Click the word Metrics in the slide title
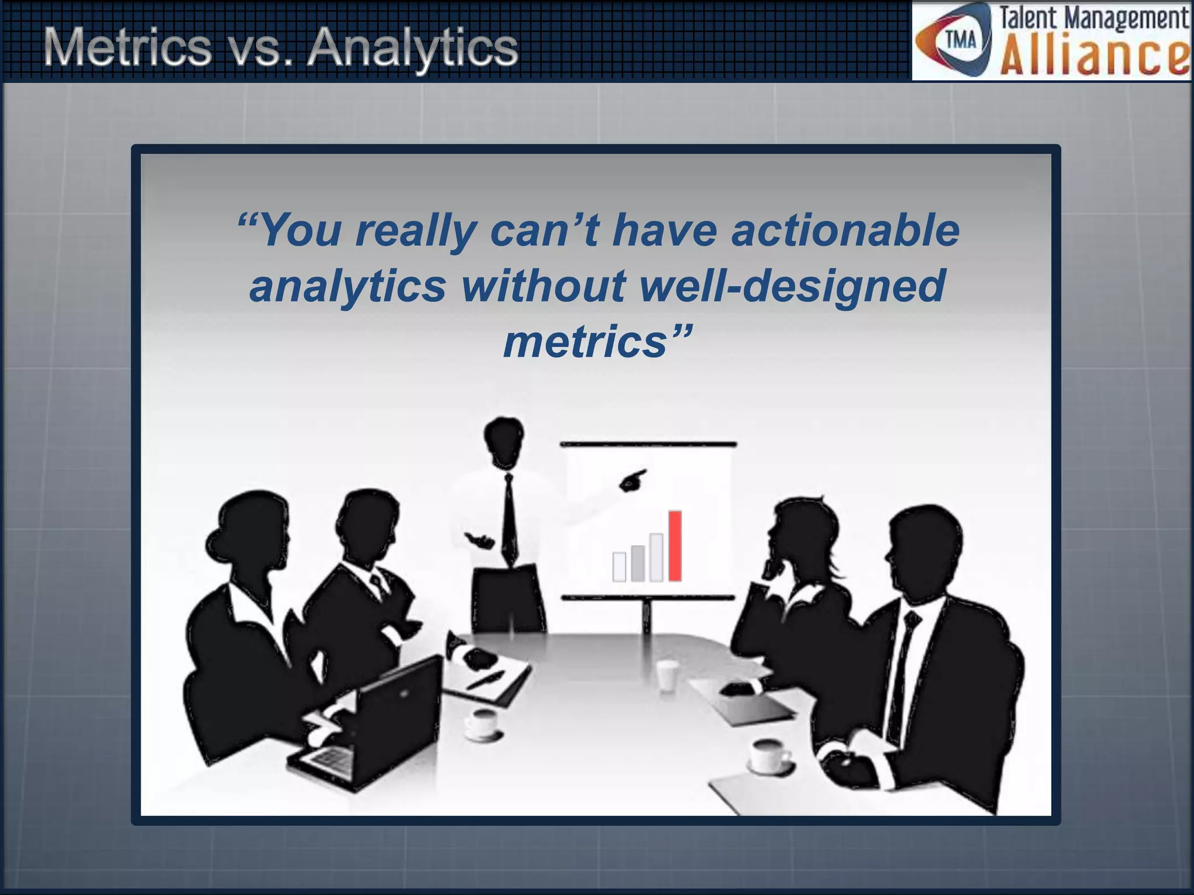127,48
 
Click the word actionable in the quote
845,230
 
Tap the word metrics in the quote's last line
585,342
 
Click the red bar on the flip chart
675,545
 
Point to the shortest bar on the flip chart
619,566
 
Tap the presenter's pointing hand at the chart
632,479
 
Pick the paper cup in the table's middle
666,676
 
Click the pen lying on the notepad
485,679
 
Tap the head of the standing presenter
504,441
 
